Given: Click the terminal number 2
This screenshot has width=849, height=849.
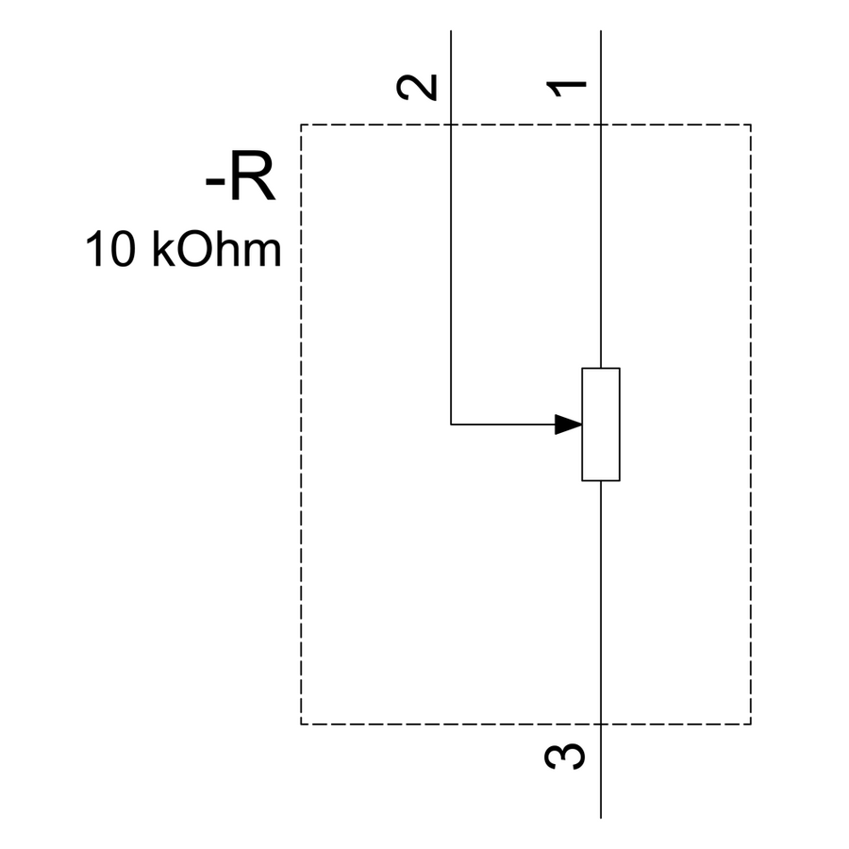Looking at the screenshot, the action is pyautogui.click(x=417, y=87).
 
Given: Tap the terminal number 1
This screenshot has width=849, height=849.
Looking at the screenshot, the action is pyautogui.click(x=566, y=89).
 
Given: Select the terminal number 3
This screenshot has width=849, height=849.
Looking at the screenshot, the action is pyautogui.click(x=565, y=756).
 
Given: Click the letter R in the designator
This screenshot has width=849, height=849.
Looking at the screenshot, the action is pyautogui.click(x=252, y=177).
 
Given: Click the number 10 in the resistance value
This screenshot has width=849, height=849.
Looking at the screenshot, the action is pyautogui.click(x=110, y=249).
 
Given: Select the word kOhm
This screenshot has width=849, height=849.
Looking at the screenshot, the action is pyautogui.click(x=217, y=249).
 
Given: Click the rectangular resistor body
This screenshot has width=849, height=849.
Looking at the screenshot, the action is pyautogui.click(x=601, y=424).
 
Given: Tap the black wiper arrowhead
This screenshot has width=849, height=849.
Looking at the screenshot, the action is pyautogui.click(x=569, y=424).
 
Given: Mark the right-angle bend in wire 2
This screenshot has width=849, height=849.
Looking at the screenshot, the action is pyautogui.click(x=451, y=424).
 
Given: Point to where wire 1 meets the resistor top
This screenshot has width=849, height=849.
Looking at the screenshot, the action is pyautogui.click(x=601, y=368).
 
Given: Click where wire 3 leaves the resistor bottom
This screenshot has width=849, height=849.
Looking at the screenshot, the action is pyautogui.click(x=601, y=481).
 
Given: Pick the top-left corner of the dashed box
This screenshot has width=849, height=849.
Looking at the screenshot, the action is pyautogui.click(x=301, y=125).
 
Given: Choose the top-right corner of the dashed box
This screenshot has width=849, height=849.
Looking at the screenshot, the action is pyautogui.click(x=751, y=125).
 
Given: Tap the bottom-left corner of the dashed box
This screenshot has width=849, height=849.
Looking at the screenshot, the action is pyautogui.click(x=301, y=724).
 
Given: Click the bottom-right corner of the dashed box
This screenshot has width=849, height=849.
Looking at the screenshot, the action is pyautogui.click(x=751, y=724).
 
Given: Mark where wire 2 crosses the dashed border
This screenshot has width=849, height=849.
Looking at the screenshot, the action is pyautogui.click(x=451, y=125).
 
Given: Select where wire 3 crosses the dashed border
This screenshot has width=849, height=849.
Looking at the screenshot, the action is pyautogui.click(x=601, y=724).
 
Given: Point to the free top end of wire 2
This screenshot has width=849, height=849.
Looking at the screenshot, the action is pyautogui.click(x=451, y=31).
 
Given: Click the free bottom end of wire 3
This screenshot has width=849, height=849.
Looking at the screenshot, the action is pyautogui.click(x=601, y=818).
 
